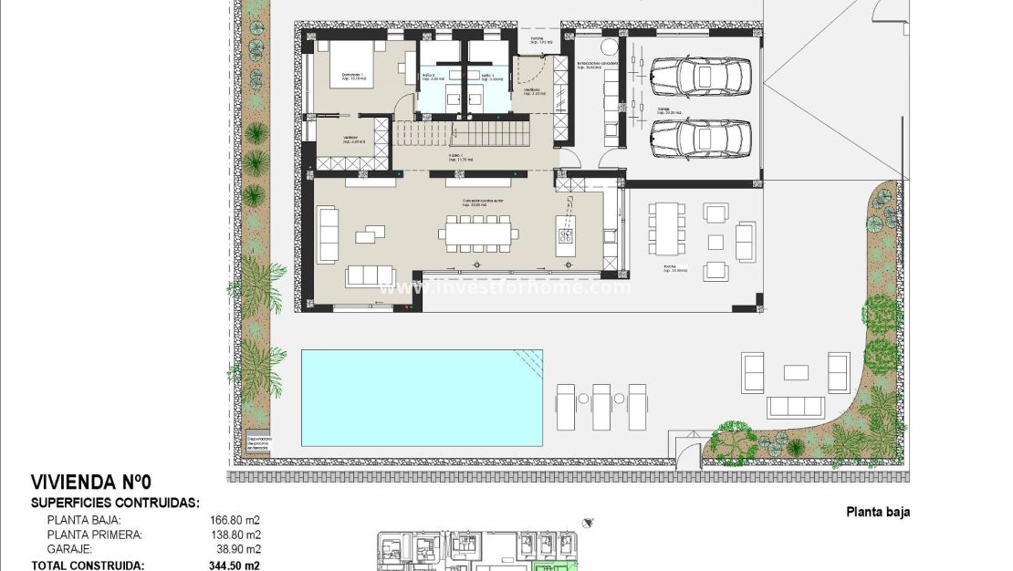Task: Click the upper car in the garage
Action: click(700, 76)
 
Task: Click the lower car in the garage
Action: click(700, 140)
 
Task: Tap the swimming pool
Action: click(422, 398)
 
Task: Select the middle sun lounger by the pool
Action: click(600, 406)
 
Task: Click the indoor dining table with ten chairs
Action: click(475, 235)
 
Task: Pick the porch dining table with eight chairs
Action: click(668, 228)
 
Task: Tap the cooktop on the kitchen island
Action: click(565, 237)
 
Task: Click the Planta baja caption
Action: click(877, 513)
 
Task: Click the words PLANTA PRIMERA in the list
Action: click(94, 535)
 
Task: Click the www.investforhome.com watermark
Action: click(506, 287)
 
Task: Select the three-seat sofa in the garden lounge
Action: click(795, 407)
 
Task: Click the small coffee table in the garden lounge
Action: click(796, 372)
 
